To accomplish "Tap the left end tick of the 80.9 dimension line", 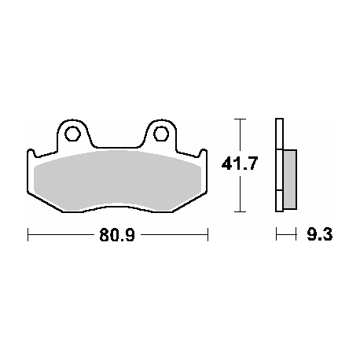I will click(x=28, y=234).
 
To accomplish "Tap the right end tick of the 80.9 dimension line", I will click(x=207, y=234).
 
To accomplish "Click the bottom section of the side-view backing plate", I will click(x=278, y=200).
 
